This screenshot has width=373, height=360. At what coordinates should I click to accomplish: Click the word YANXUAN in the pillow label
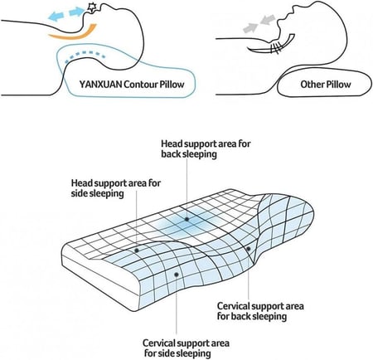pyautogui.click(x=100, y=84)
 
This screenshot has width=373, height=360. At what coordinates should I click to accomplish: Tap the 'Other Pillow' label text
pyautogui.click(x=326, y=84)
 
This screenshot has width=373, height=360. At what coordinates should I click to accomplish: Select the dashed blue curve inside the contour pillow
pyautogui.click(x=85, y=56)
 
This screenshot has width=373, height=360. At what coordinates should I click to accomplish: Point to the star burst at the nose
pyautogui.click(x=90, y=8)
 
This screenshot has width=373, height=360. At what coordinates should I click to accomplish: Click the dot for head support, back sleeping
pyautogui.click(x=187, y=219)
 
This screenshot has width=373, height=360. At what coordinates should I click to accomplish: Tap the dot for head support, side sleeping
pyautogui.click(x=137, y=251)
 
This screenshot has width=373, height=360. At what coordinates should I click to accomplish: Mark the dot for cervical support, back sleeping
pyautogui.click(x=249, y=249)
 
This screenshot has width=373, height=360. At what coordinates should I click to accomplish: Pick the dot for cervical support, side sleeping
pyautogui.click(x=177, y=275)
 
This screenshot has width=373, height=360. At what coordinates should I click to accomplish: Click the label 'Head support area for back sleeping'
pyautogui.click(x=206, y=148)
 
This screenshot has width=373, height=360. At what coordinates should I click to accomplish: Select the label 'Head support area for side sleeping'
pyautogui.click(x=116, y=188)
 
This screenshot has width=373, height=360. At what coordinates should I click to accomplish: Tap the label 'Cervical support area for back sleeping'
pyautogui.click(x=260, y=311)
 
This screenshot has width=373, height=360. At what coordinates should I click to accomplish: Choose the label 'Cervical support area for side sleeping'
pyautogui.click(x=186, y=348)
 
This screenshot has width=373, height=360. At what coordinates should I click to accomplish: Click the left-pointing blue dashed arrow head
pyautogui.click(x=53, y=17)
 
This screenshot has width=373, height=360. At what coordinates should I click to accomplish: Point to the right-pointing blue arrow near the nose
pyautogui.click(x=77, y=12)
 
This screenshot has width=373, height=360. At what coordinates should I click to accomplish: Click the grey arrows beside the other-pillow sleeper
pyautogui.click(x=259, y=23)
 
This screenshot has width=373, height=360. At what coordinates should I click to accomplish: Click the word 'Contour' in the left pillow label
pyautogui.click(x=141, y=84)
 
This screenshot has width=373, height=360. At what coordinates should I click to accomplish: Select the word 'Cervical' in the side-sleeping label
pyautogui.click(x=158, y=343)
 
